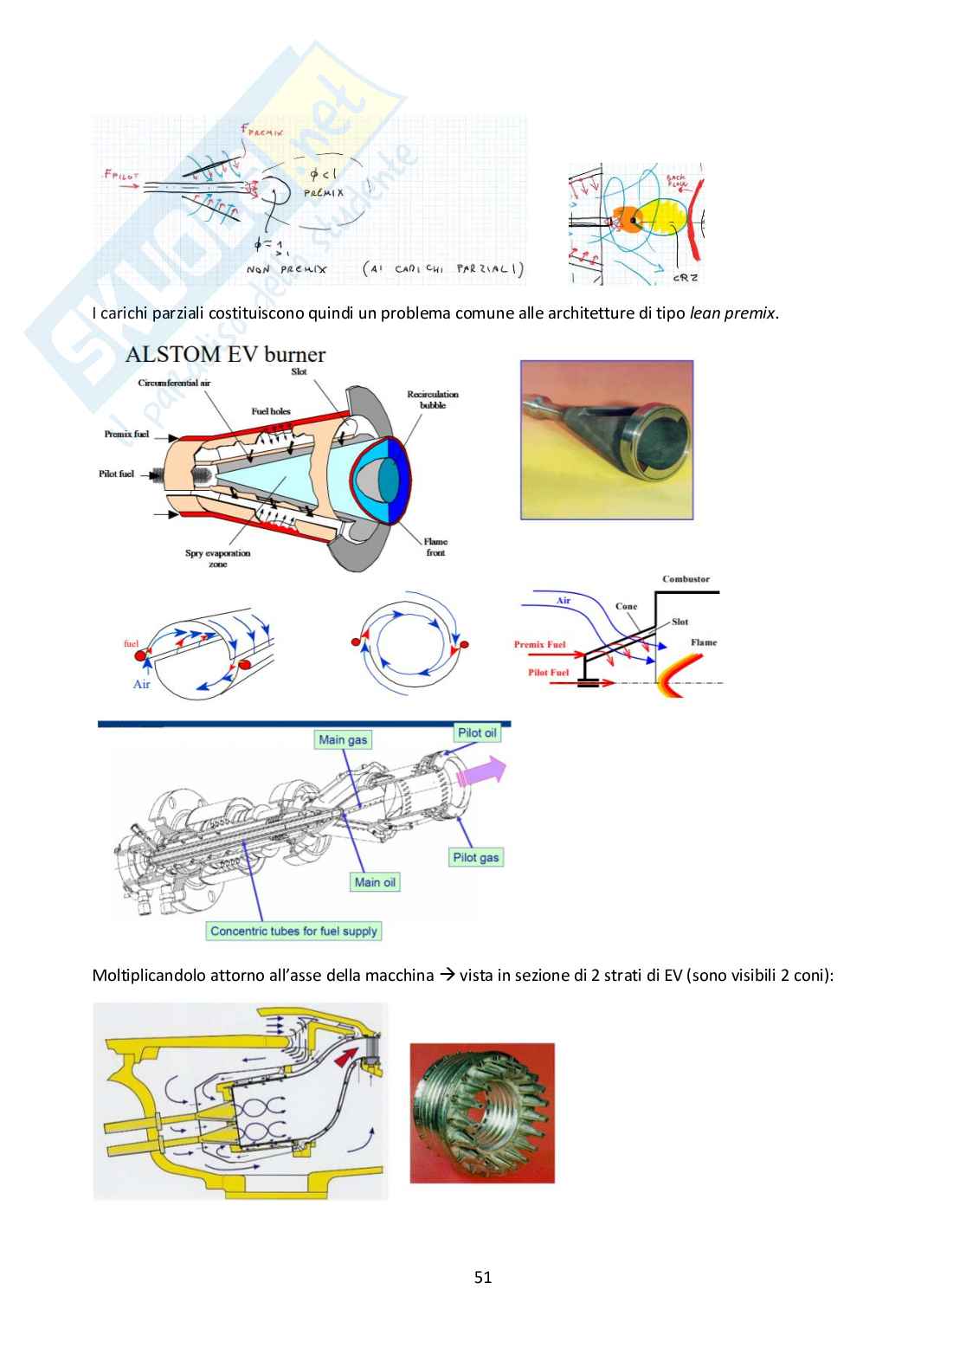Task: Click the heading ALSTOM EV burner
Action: (225, 354)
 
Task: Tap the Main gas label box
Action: (343, 739)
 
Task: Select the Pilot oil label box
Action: (477, 732)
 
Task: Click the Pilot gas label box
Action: (475, 857)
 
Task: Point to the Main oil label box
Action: (375, 882)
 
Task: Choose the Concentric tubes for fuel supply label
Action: (293, 931)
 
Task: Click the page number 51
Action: (483, 1277)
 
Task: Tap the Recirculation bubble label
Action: (433, 399)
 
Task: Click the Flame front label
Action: (435, 547)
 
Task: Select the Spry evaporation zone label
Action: (217, 558)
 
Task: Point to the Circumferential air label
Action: (174, 382)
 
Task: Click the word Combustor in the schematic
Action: (686, 579)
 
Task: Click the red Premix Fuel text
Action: (539, 644)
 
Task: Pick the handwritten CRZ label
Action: (684, 278)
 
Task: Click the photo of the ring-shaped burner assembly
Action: (482, 1112)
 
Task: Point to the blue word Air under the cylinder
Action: (142, 684)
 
